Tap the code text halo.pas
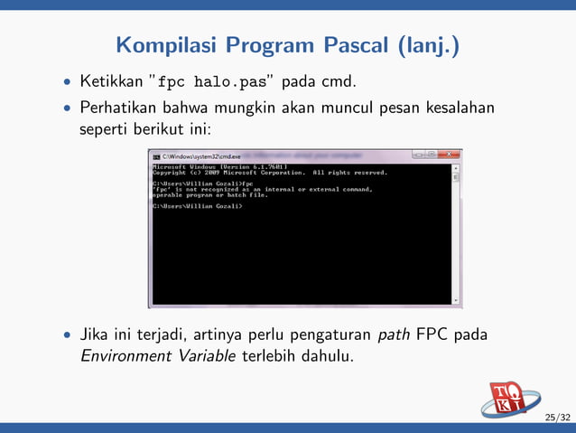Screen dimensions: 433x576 tap(237, 83)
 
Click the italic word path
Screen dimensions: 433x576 tap(394, 335)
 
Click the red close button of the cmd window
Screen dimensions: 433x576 tap(449, 155)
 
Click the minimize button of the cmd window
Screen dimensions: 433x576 tap(418, 155)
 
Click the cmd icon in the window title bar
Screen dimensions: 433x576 tap(156, 156)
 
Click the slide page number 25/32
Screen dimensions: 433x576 tap(557, 417)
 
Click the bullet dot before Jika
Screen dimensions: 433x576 tap(67, 336)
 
